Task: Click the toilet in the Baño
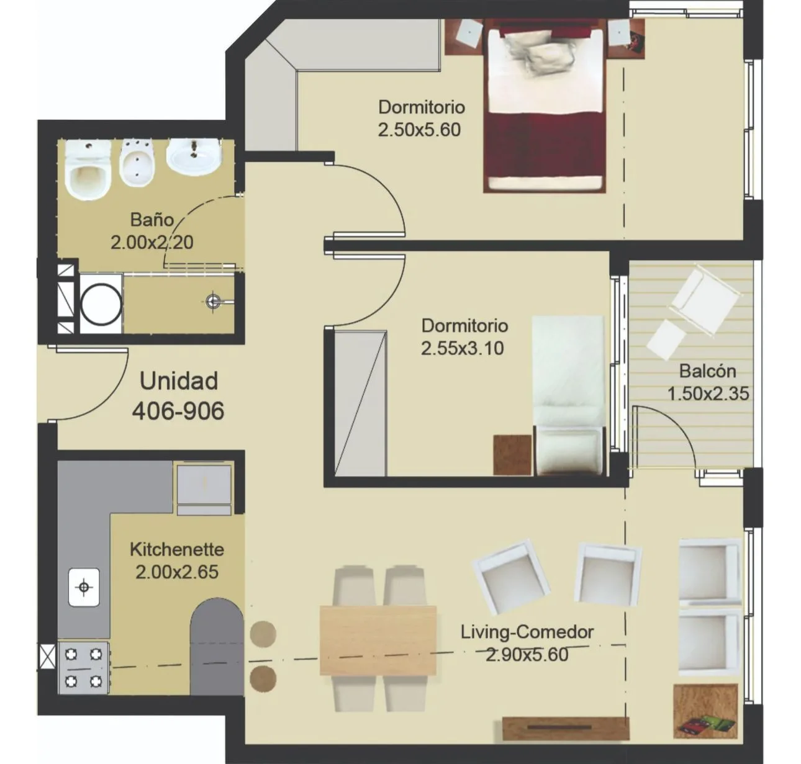tap(88, 171)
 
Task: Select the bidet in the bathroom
tap(136, 163)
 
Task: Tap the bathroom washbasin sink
tap(194, 158)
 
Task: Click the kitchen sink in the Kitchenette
tap(84, 587)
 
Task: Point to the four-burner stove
tap(84, 667)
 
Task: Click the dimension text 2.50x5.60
tap(419, 130)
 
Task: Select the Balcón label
tap(707, 371)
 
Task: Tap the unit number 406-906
tap(178, 410)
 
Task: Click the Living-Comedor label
tap(527, 632)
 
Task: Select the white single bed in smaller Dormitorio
tap(568, 395)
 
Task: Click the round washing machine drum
tap(101, 304)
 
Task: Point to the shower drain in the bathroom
tap(213, 302)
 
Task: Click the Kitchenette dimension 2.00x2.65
tap(177, 572)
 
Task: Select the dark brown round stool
tap(263, 679)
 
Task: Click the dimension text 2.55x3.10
tap(463, 348)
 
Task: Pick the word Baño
tap(152, 220)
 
